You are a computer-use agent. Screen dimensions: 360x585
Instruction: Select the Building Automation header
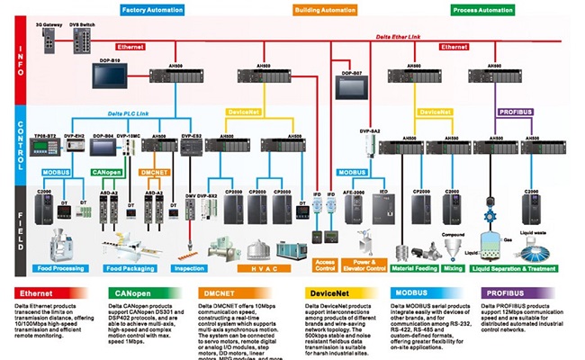click(x=326, y=10)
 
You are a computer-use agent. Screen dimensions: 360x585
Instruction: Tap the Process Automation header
click(x=483, y=10)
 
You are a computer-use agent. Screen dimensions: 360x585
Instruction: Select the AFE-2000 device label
click(x=355, y=192)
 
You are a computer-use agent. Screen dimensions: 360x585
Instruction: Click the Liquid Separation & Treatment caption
click(x=516, y=267)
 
